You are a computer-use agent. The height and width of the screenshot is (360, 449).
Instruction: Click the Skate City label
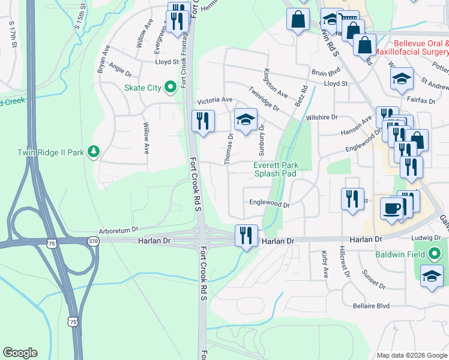[142, 88]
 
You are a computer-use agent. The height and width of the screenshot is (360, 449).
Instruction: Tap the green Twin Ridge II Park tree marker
[93, 152]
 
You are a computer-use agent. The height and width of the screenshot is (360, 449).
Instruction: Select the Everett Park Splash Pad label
[276, 169]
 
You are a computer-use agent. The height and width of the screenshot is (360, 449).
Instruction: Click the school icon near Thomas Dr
[245, 120]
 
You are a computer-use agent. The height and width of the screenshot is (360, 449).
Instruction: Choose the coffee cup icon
[391, 208]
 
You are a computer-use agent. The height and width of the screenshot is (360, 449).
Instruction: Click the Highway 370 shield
[92, 241]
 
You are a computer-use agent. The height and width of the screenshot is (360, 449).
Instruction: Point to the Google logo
[20, 353]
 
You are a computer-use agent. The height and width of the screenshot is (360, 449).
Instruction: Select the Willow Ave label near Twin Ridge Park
[146, 139]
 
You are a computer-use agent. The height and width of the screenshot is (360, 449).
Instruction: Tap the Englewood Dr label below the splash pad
[270, 204]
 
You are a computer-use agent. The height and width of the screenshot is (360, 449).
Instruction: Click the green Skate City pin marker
[170, 88]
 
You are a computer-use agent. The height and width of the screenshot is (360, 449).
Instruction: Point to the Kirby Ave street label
[325, 264]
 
